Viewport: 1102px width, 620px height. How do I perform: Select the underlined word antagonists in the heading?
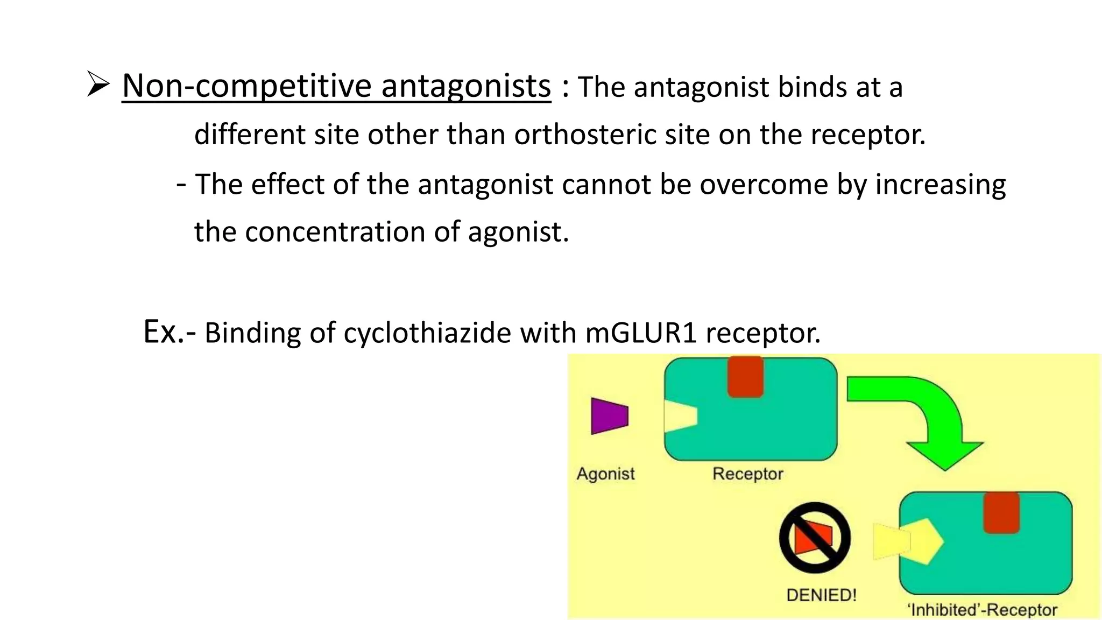[x=466, y=86]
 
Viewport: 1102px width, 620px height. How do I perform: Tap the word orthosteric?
[x=585, y=135]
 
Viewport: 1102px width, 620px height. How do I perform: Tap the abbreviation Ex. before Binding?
[x=163, y=332]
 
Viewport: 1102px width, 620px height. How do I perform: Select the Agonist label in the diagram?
[x=605, y=474]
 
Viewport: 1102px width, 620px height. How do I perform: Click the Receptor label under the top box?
[x=747, y=474]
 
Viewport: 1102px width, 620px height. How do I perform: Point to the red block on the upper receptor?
[x=745, y=377]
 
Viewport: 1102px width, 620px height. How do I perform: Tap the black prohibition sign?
[x=815, y=537]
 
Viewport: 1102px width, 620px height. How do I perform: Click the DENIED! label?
[x=821, y=595]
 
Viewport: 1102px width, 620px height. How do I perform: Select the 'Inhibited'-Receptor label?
[x=982, y=610]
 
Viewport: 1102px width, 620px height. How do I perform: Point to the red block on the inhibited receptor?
[x=1001, y=512]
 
